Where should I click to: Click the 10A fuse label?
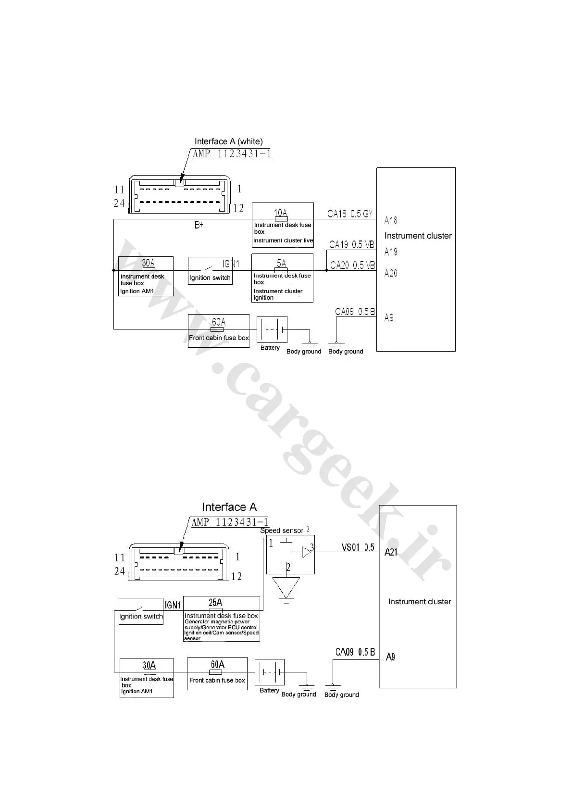[x=281, y=212]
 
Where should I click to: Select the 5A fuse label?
[x=281, y=263]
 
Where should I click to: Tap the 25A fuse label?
[x=215, y=603]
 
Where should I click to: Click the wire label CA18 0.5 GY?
[x=350, y=214]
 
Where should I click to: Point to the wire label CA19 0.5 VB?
[x=351, y=245]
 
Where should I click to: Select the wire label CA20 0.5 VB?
[x=352, y=265]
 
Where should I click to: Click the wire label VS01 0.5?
[x=358, y=547]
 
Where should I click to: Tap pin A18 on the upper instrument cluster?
[x=391, y=220]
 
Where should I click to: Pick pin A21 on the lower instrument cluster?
[x=391, y=553]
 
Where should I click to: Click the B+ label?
[x=199, y=225]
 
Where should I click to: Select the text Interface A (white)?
[x=228, y=141]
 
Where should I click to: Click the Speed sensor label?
[x=282, y=531]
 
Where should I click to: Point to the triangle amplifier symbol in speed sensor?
[x=306, y=552]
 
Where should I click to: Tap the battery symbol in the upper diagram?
[x=272, y=329]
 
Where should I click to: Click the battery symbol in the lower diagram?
[x=270, y=672]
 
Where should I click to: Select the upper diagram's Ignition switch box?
[x=210, y=271]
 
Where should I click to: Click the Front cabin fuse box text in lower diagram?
[x=217, y=680]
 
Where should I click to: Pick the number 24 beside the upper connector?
[x=119, y=203]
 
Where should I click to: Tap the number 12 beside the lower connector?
[x=236, y=576]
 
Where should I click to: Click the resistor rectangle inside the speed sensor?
[x=286, y=552]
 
